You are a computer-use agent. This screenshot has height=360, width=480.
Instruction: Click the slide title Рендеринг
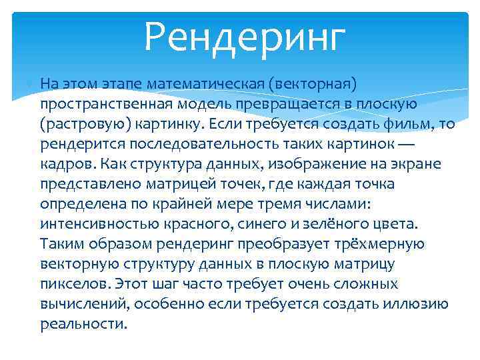click(x=245, y=37)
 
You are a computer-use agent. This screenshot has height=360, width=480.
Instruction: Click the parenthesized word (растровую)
click(x=85, y=125)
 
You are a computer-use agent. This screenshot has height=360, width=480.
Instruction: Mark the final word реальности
click(x=83, y=325)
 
